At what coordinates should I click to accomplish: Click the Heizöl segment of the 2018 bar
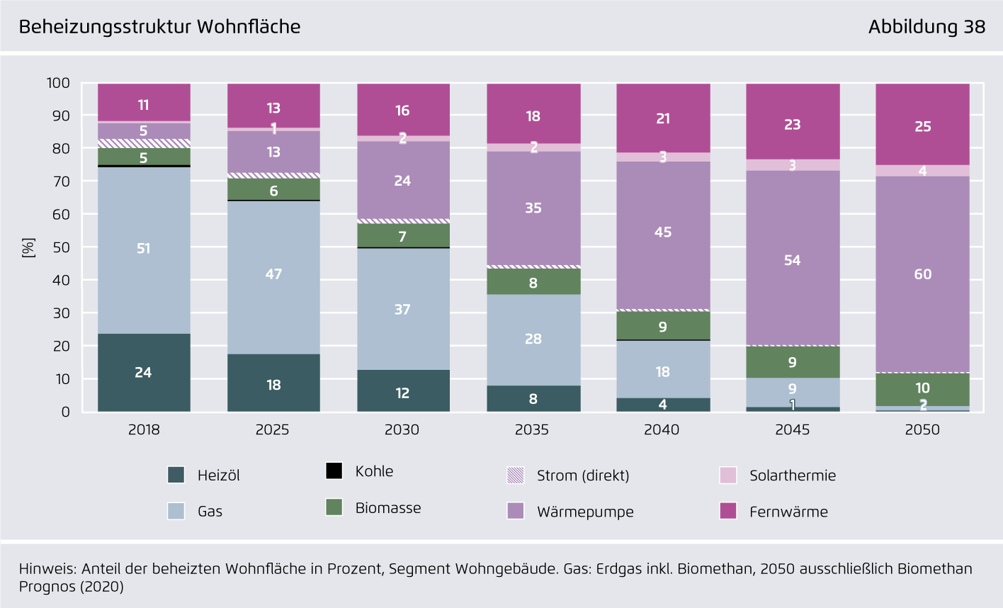coord(144,373)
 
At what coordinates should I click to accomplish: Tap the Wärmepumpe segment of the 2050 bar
coord(922,274)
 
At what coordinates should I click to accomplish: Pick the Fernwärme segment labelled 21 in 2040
coord(663,118)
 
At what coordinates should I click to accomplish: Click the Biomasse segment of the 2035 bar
coord(533,282)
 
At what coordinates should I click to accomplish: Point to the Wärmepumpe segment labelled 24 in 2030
coord(403,180)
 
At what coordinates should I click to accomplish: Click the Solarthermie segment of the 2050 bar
coord(922,171)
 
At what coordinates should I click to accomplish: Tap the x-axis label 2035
coord(532,429)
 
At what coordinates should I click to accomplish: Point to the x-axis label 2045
coord(792,429)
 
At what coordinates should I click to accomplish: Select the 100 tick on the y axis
coord(58,83)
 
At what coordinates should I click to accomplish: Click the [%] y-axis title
coord(28,247)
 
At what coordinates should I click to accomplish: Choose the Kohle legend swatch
coord(334,471)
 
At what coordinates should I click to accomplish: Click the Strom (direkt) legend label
coord(583,475)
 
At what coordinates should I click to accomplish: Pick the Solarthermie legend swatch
coord(728,475)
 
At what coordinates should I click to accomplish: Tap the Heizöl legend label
coord(218,475)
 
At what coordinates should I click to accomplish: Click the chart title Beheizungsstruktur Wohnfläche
coord(159,27)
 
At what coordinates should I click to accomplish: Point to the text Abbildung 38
coord(926,27)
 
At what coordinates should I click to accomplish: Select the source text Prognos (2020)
coord(71,587)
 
